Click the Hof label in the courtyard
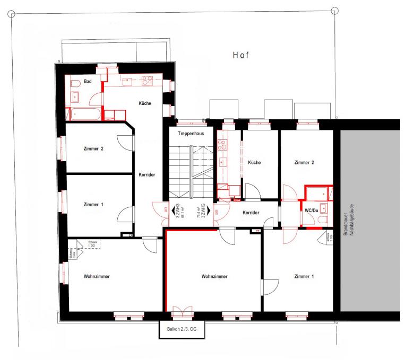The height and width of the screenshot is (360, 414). click(240, 55)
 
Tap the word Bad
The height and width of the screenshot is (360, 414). click(88, 81)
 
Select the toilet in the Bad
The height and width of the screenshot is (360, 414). click(74, 83)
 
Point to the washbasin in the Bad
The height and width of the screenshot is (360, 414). click(75, 96)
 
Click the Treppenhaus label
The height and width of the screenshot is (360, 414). click(189, 134)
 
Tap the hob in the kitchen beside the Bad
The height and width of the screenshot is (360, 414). click(146, 81)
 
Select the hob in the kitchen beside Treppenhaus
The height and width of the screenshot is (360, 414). click(222, 144)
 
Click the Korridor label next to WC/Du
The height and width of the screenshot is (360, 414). click(251, 213)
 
